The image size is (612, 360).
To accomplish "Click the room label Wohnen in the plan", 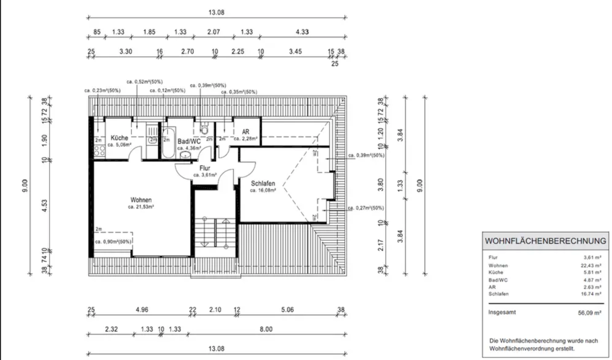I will (142, 199).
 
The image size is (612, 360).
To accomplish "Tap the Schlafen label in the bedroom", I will (262, 183).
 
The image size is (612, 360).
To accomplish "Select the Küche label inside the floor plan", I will (119, 138).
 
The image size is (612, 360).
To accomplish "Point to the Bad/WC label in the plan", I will (189, 141).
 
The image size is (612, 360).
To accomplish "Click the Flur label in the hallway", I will (205, 168).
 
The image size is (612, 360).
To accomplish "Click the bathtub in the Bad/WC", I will (167, 141).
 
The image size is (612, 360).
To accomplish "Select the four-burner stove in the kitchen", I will (99, 152).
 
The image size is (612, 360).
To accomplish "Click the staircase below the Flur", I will (216, 233).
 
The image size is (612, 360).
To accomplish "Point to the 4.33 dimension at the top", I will (301, 32).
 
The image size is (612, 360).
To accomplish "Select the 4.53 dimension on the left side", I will (44, 204).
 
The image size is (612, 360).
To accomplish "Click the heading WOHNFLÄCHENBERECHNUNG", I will (545, 241).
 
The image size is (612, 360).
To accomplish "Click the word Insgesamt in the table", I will (502, 313).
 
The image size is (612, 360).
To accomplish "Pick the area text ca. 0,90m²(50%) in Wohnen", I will (113, 242).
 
